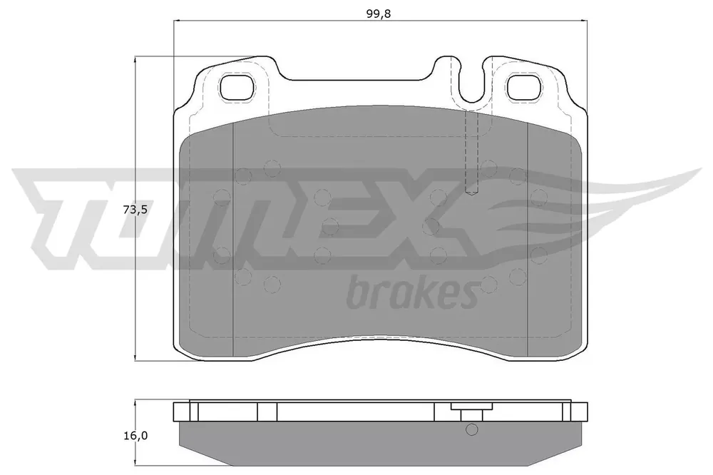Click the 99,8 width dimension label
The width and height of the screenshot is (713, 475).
[379, 14]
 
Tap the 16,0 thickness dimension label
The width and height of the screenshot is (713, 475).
[135, 435]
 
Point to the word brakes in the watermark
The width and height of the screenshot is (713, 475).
[412, 292]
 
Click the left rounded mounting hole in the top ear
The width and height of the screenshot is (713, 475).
[236, 86]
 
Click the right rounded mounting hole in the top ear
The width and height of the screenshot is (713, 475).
[524, 86]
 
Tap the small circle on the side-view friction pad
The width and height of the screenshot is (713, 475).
[472, 429]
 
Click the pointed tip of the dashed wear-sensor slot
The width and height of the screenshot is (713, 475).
[472, 195]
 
